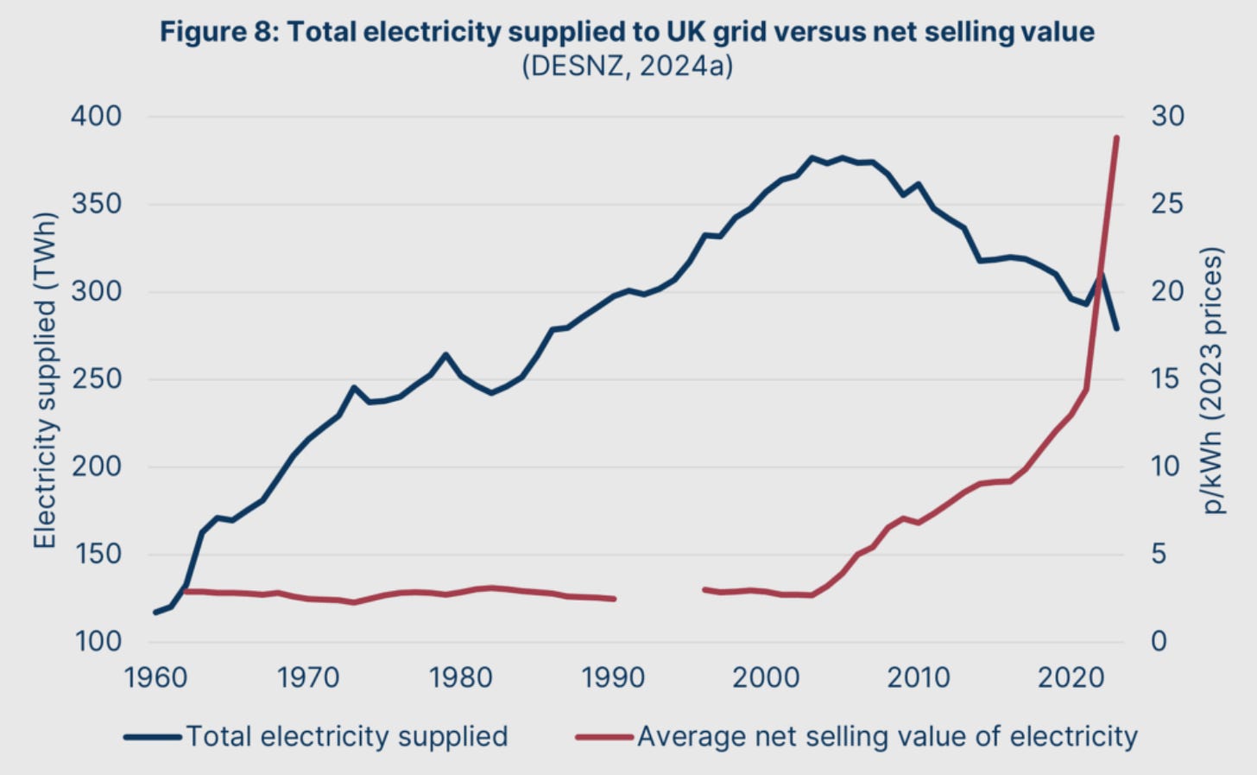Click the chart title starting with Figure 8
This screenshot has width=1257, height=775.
coord(627,32)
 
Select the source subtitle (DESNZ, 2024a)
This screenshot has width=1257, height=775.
coord(627,66)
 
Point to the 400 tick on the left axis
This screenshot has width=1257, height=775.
coord(96,116)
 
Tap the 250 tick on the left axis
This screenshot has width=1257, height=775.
coord(96,378)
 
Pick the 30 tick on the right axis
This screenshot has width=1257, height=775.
coord(1167,116)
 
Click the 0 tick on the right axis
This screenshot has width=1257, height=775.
coord(1159,641)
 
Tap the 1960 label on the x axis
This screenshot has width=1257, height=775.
coord(155,677)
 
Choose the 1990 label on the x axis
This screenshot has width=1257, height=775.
coord(613,677)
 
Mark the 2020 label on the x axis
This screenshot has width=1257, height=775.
coord(1071,677)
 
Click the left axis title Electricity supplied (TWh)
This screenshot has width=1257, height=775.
coord(45,380)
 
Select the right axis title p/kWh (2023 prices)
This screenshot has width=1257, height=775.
coord(1214,380)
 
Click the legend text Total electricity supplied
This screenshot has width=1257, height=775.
coord(346,736)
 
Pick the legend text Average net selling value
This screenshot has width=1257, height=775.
coord(887,736)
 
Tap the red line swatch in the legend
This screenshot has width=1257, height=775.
coord(604,737)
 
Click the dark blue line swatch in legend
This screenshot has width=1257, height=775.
coord(153,737)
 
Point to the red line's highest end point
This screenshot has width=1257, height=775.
coord(1116,137)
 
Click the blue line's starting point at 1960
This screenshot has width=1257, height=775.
coord(155,612)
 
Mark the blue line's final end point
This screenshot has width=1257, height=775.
coord(1117,329)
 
